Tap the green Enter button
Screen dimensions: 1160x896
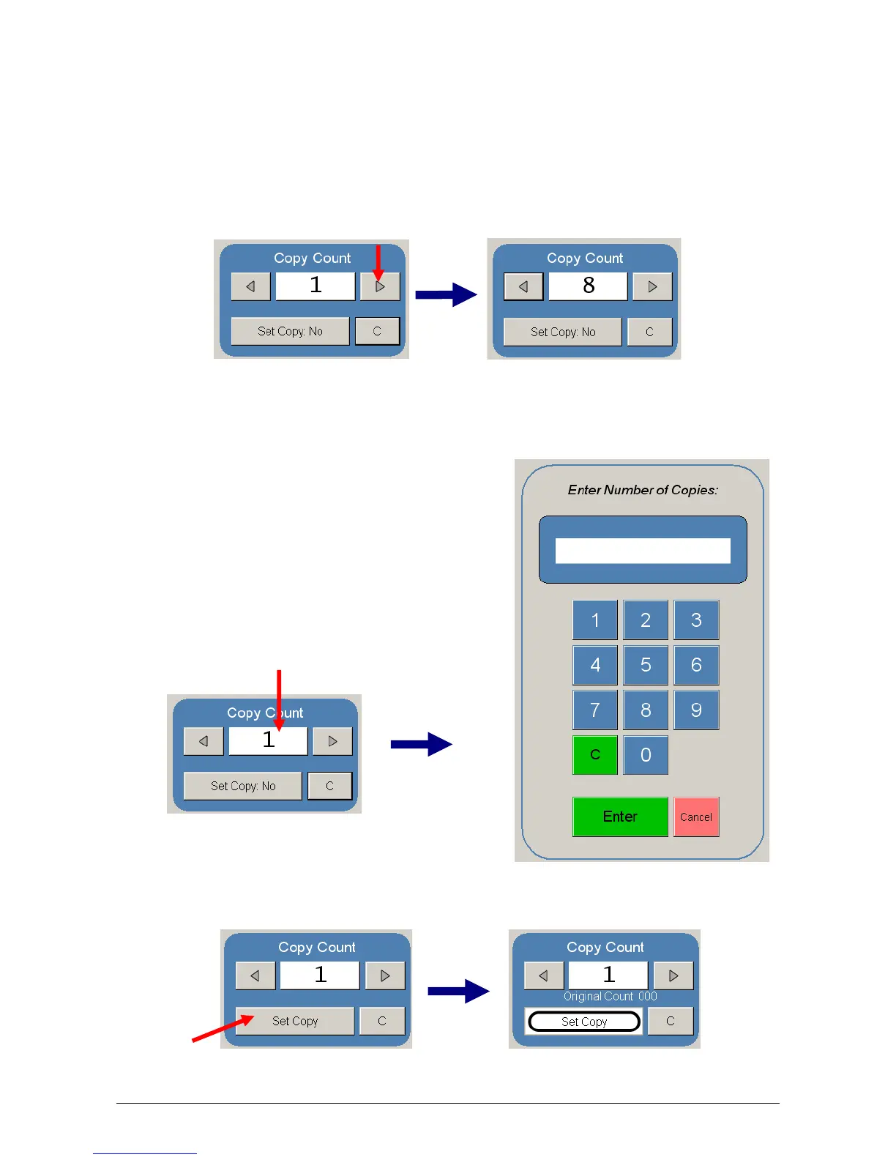pyautogui.click(x=620, y=817)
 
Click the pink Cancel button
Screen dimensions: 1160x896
pyautogui.click(x=696, y=817)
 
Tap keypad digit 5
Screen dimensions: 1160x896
pyautogui.click(x=646, y=665)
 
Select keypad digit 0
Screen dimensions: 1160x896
pyautogui.click(x=646, y=755)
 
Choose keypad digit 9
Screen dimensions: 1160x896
pyautogui.click(x=696, y=710)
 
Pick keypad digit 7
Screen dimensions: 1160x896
pyautogui.click(x=595, y=710)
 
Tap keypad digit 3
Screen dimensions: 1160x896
pyautogui.click(x=696, y=620)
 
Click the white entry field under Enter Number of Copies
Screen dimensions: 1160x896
pyautogui.click(x=643, y=551)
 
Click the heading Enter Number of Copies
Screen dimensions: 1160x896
pyautogui.click(x=643, y=490)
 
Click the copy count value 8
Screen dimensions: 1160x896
pyautogui.click(x=589, y=286)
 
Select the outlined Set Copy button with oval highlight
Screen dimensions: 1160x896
pyautogui.click(x=584, y=1022)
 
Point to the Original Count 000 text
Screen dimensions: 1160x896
pyautogui.click(x=610, y=997)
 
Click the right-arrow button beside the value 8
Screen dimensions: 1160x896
pyautogui.click(x=652, y=286)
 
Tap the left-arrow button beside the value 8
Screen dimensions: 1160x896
pyautogui.click(x=523, y=286)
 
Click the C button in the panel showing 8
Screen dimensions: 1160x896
pyautogui.click(x=649, y=332)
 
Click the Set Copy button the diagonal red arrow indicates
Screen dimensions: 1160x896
pyautogui.click(x=295, y=1021)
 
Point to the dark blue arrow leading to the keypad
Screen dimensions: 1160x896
pyautogui.click(x=422, y=744)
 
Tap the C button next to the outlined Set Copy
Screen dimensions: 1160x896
pyautogui.click(x=671, y=1021)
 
